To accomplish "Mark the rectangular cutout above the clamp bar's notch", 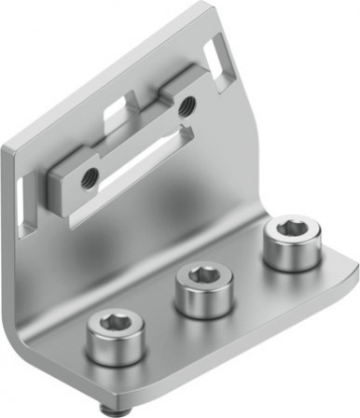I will click(121, 112).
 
